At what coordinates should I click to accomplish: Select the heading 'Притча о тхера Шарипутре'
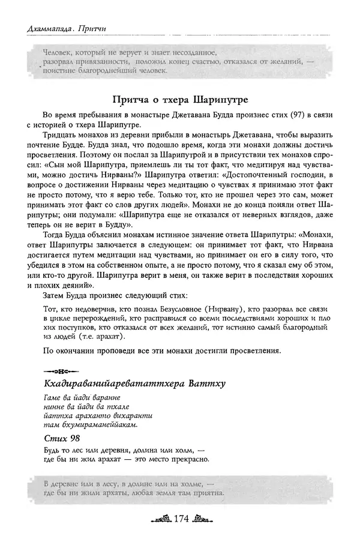point(180,98)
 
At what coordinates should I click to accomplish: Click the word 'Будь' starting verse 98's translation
point(54,449)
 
